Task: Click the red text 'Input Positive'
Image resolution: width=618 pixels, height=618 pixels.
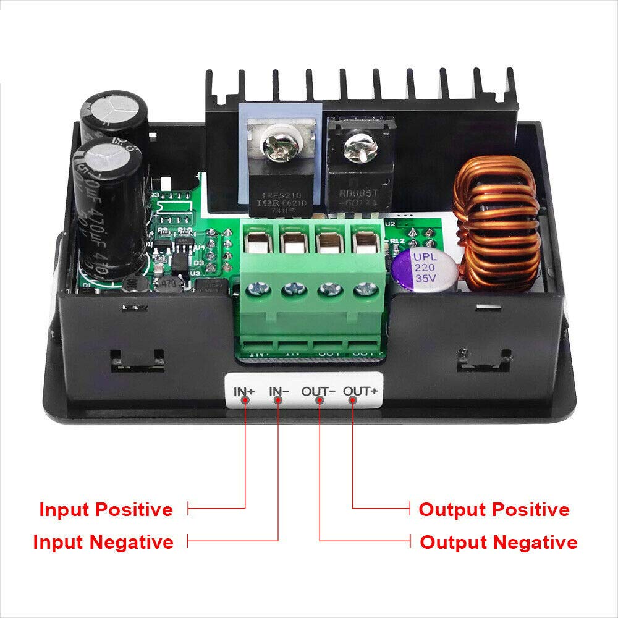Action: pyautogui.click(x=106, y=510)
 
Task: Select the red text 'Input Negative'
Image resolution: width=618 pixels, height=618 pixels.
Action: pyautogui.click(x=103, y=542)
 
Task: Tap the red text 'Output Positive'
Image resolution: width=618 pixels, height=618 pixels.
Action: pyautogui.click(x=494, y=510)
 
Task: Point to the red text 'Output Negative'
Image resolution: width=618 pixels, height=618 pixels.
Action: pyautogui.click(x=498, y=543)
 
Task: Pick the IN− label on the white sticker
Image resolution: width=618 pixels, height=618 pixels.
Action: pyautogui.click(x=279, y=391)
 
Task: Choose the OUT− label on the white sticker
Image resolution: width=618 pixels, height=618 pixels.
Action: pyautogui.click(x=318, y=391)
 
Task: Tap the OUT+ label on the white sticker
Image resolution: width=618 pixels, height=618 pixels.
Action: pyautogui.click(x=360, y=391)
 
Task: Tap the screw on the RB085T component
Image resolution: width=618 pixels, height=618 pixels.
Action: pyautogui.click(x=355, y=148)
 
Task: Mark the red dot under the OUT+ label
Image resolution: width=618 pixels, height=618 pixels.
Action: pyautogui.click(x=352, y=400)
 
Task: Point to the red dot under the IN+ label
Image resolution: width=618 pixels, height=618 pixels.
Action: pyautogui.click(x=245, y=400)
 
